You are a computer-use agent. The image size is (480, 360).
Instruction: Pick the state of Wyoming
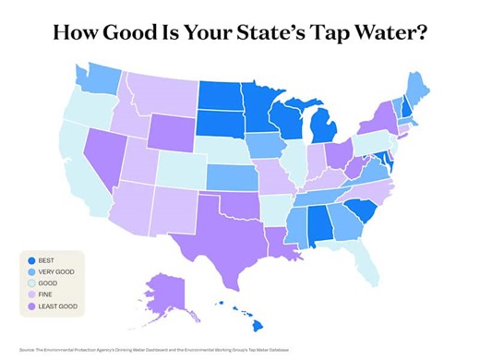coord(171,131)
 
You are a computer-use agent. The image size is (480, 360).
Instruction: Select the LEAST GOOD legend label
coord(58,306)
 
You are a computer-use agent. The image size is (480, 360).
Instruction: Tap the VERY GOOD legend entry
coord(58,272)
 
